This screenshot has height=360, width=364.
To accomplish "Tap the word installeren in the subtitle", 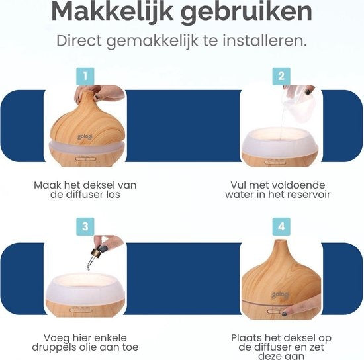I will coord(266,41).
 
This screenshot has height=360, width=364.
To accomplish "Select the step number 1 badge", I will coord(83,75).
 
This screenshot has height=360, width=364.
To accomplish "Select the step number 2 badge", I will coord(281,75).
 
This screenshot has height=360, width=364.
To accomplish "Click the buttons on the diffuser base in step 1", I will coord(84,158).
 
